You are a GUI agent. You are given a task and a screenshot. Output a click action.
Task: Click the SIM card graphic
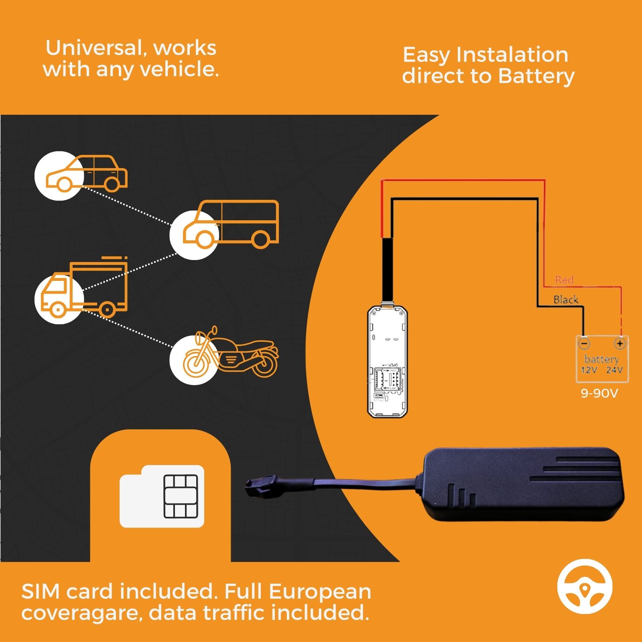(x=162, y=496)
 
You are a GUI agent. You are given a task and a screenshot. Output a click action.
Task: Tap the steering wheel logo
(x=585, y=589)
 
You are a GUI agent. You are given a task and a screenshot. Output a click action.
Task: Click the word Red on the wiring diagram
(x=564, y=280)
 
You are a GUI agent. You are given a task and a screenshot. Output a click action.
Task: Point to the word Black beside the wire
(x=566, y=299)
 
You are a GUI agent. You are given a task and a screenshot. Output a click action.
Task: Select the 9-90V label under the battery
(x=600, y=393)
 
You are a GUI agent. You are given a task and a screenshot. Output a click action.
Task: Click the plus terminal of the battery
(x=620, y=343)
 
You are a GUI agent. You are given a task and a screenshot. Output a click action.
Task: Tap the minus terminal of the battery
(x=584, y=344)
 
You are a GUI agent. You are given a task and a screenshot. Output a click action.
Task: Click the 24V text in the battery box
(x=614, y=370)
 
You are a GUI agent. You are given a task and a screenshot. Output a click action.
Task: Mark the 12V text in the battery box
(x=589, y=370)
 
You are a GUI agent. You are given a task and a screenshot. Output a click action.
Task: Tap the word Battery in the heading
(x=536, y=76)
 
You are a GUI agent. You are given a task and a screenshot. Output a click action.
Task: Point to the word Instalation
(x=512, y=55)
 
